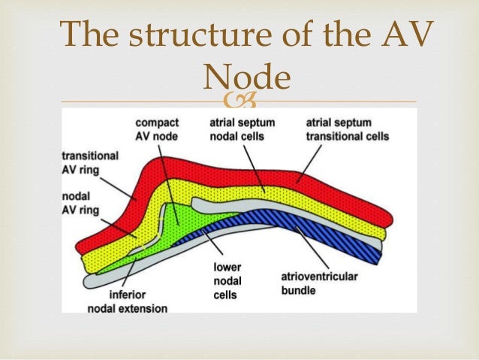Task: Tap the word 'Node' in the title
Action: (247, 76)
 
